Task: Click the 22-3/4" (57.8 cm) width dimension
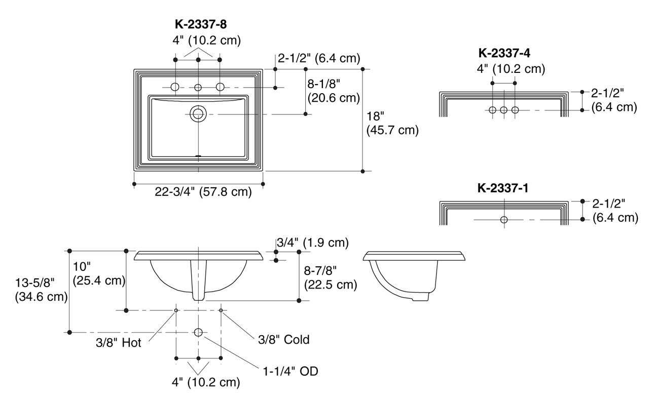tap(203, 192)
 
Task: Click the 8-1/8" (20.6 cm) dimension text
tap(333, 90)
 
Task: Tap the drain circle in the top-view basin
tap(198, 113)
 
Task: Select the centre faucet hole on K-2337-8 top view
tap(198, 88)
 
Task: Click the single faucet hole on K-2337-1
tap(503, 220)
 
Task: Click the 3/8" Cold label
tap(283, 339)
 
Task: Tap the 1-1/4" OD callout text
tap(291, 372)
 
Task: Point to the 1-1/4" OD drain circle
tap(198, 332)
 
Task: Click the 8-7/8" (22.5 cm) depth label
tap(330, 278)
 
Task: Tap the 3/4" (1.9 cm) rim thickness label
tap(312, 243)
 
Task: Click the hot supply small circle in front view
tap(176, 310)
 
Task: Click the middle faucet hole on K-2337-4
tap(503, 110)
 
